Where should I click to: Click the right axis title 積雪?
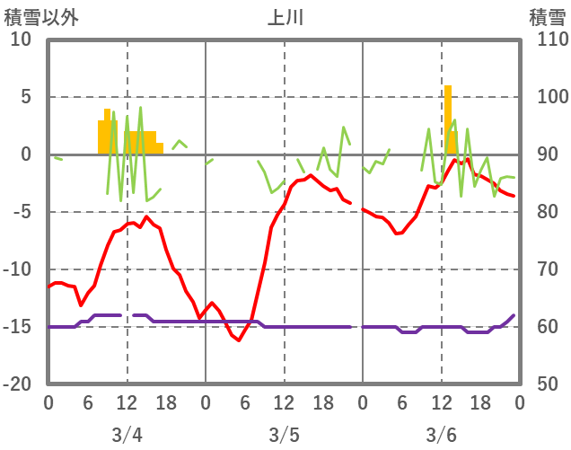547,17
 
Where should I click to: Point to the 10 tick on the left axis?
21,40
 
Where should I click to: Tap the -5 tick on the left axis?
21,212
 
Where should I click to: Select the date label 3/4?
127,435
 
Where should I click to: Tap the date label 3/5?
284,435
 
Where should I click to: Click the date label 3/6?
441,435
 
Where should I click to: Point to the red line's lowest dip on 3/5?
238,340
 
